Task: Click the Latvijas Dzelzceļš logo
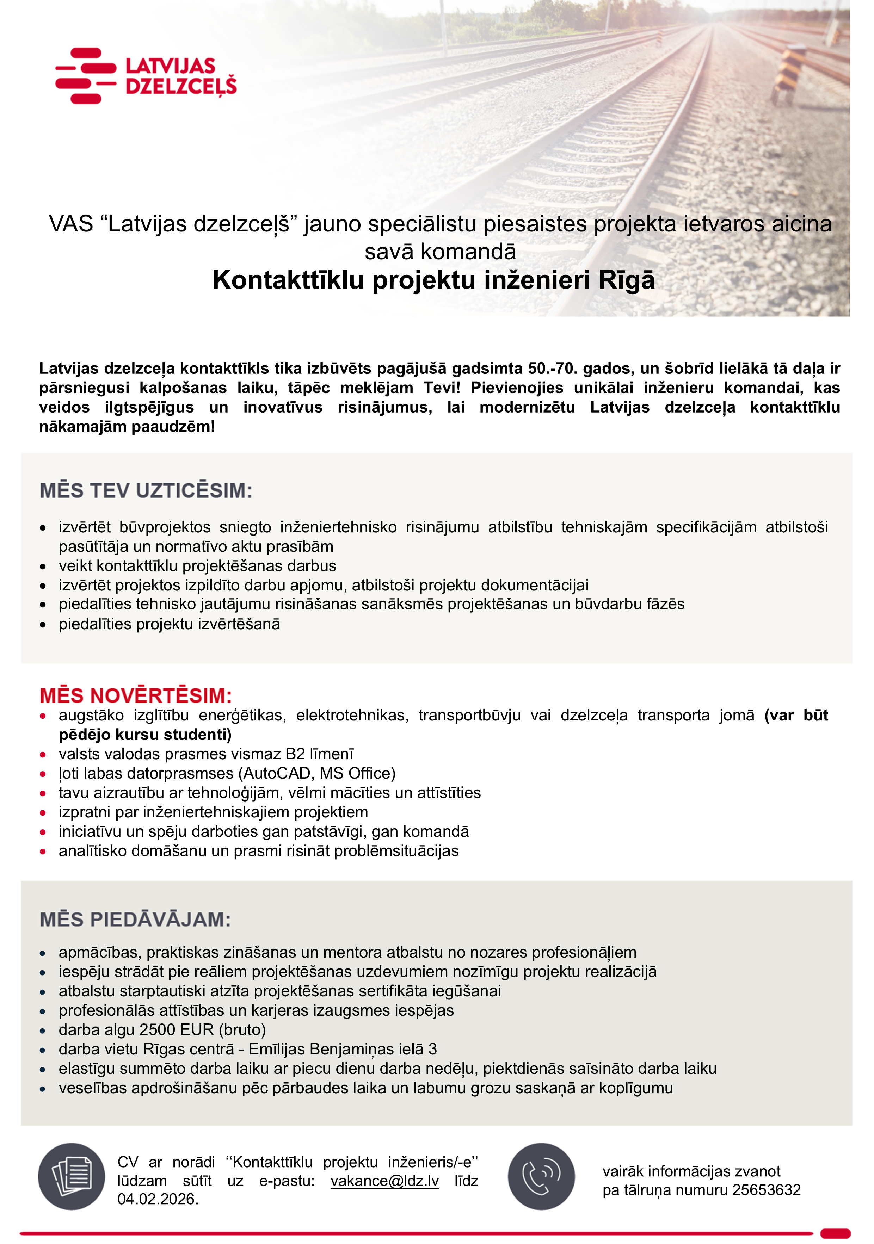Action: [x=146, y=76]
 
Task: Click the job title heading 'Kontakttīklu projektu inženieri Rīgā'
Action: [x=433, y=280]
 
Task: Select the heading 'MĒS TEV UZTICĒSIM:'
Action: [x=146, y=490]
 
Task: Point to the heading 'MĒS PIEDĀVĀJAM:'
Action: [x=135, y=920]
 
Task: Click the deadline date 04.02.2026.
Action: [x=157, y=1199]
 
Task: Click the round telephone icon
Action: [x=541, y=1177]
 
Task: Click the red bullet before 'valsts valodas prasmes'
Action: [x=43, y=754]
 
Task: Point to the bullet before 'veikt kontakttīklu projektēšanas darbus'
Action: [x=43, y=566]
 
